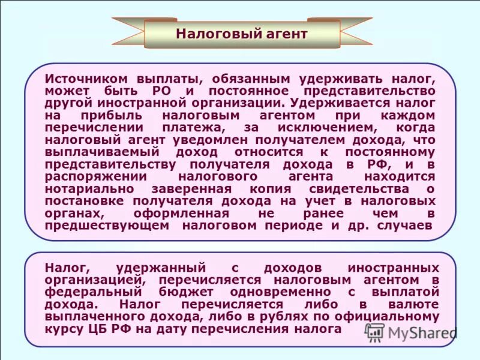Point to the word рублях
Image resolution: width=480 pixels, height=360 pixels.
tap(268, 317)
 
